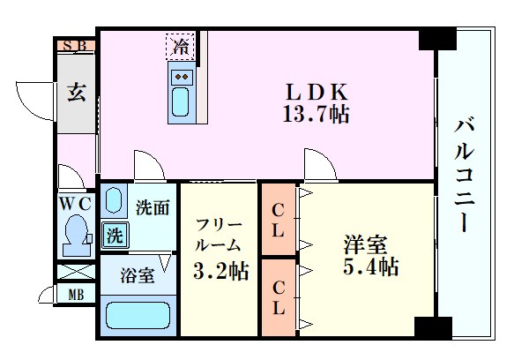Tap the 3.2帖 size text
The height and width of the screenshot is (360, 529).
tap(220, 271)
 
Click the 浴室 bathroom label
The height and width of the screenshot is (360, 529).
tap(138, 275)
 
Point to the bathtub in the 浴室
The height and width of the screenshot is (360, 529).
tap(138, 315)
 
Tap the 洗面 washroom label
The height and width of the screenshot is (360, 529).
tap(152, 208)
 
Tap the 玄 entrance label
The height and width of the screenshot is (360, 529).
tap(75, 92)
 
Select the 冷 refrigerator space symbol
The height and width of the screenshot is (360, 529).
tap(181, 44)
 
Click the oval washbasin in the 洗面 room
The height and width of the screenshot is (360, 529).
tap(112, 200)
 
